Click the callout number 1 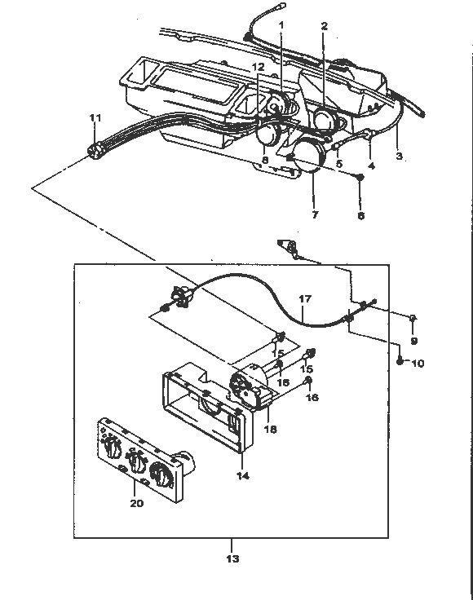coord(281,25)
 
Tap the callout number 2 coord(324,26)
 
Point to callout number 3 coord(399,157)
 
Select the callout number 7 coord(315,214)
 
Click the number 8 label coord(265,160)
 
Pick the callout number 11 coord(95,118)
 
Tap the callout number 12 coord(259,67)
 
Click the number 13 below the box coord(232,558)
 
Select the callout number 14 coord(243,475)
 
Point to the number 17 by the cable coord(305,298)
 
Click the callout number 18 coord(270,429)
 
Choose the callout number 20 coord(137,503)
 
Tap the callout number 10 coord(418,363)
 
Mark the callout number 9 coord(413,340)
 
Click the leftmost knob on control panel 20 coord(113,448)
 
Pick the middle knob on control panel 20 coord(136,461)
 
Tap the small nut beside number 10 coord(400,361)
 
